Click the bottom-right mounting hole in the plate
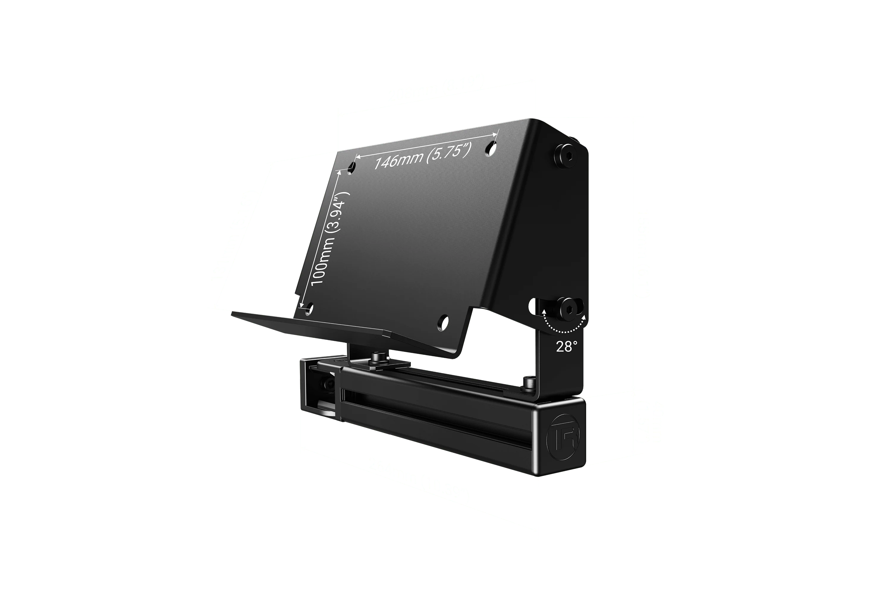(x=443, y=322)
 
